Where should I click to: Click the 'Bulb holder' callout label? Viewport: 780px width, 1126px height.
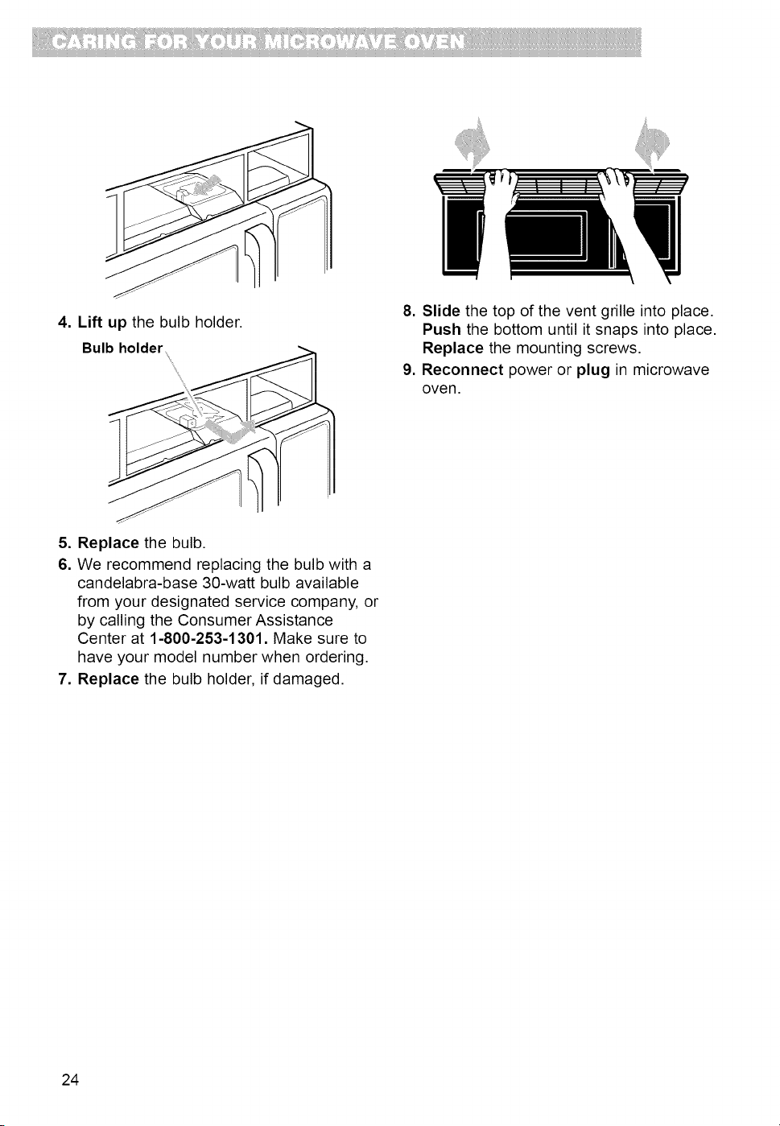[x=122, y=348]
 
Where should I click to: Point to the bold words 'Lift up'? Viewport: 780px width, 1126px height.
[x=102, y=322]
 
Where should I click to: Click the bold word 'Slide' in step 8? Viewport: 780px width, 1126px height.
[x=441, y=311]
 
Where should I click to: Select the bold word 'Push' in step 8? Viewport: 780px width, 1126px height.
[x=442, y=330]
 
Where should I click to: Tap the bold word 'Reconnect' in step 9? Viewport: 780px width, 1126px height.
[x=462, y=370]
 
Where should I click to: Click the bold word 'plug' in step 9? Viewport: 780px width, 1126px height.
[x=593, y=371]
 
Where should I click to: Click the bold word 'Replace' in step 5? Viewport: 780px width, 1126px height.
[x=108, y=544]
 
